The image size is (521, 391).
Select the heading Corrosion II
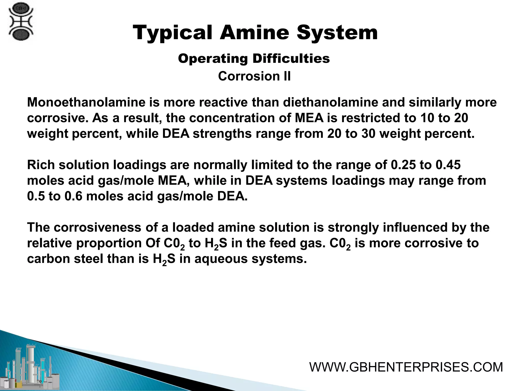pyautogui.click(x=254, y=76)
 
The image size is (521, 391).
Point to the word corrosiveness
pyautogui.click(x=97, y=227)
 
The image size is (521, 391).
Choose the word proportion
pyautogui.click(x=109, y=243)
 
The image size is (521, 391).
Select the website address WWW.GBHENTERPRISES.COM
pyautogui.click(x=406, y=367)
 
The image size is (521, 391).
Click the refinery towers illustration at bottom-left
pyautogui.click(x=32, y=367)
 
